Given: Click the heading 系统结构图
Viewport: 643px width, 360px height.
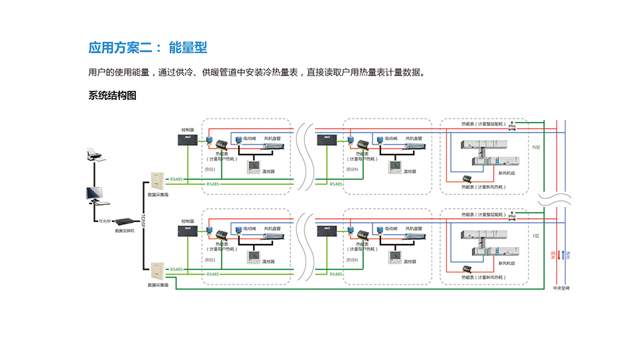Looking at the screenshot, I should click(x=112, y=95).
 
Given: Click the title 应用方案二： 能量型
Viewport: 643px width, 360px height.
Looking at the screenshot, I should click(x=148, y=48).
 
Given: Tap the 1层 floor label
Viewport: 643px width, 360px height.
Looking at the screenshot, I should click(x=536, y=235).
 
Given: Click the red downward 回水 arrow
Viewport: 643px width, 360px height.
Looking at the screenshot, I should click(x=558, y=255).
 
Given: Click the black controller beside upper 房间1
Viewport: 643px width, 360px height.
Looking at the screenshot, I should click(x=187, y=140).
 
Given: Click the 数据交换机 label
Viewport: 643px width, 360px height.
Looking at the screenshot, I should click(x=125, y=231).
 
